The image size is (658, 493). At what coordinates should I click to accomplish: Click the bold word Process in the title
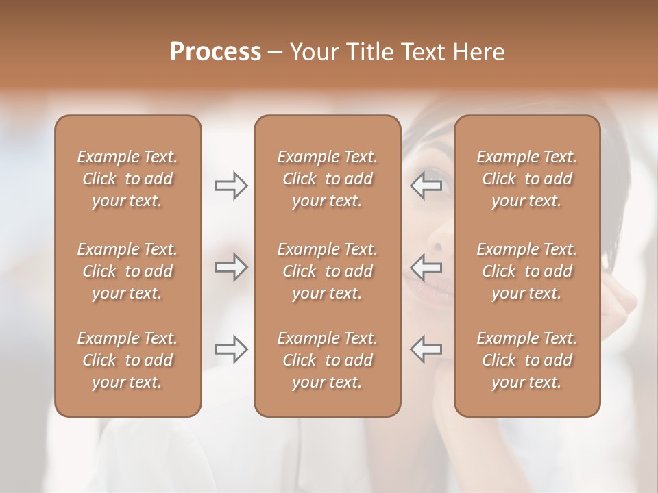coord(215,52)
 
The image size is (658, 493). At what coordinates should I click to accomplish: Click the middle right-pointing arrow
coord(231,267)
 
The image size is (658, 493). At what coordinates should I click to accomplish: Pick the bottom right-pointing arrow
coord(231,349)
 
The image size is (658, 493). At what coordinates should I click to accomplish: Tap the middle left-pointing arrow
coord(426,267)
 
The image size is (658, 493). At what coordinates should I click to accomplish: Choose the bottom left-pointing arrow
coord(426,349)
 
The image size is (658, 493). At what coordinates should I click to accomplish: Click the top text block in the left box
coord(127,179)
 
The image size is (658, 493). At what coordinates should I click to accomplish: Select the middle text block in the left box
coord(127,271)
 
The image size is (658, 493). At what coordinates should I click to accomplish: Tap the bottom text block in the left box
coord(127,360)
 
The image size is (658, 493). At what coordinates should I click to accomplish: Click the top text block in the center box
coord(327,179)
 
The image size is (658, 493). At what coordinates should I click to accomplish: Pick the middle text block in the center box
coord(327,271)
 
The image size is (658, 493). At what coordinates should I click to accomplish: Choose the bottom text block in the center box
coord(327,360)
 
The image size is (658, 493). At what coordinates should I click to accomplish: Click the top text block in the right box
coord(527,179)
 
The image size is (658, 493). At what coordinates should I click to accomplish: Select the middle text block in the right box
coord(527,271)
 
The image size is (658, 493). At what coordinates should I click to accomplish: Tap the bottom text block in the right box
coord(527,360)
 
